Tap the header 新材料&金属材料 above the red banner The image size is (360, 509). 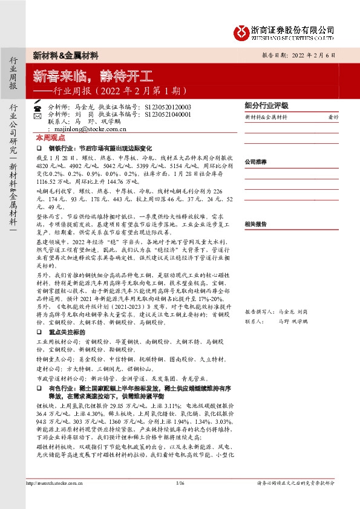point(66,55)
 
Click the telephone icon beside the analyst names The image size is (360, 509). point(37,107)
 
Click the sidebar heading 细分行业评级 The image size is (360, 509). point(266,105)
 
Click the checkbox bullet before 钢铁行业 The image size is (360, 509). point(39,148)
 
